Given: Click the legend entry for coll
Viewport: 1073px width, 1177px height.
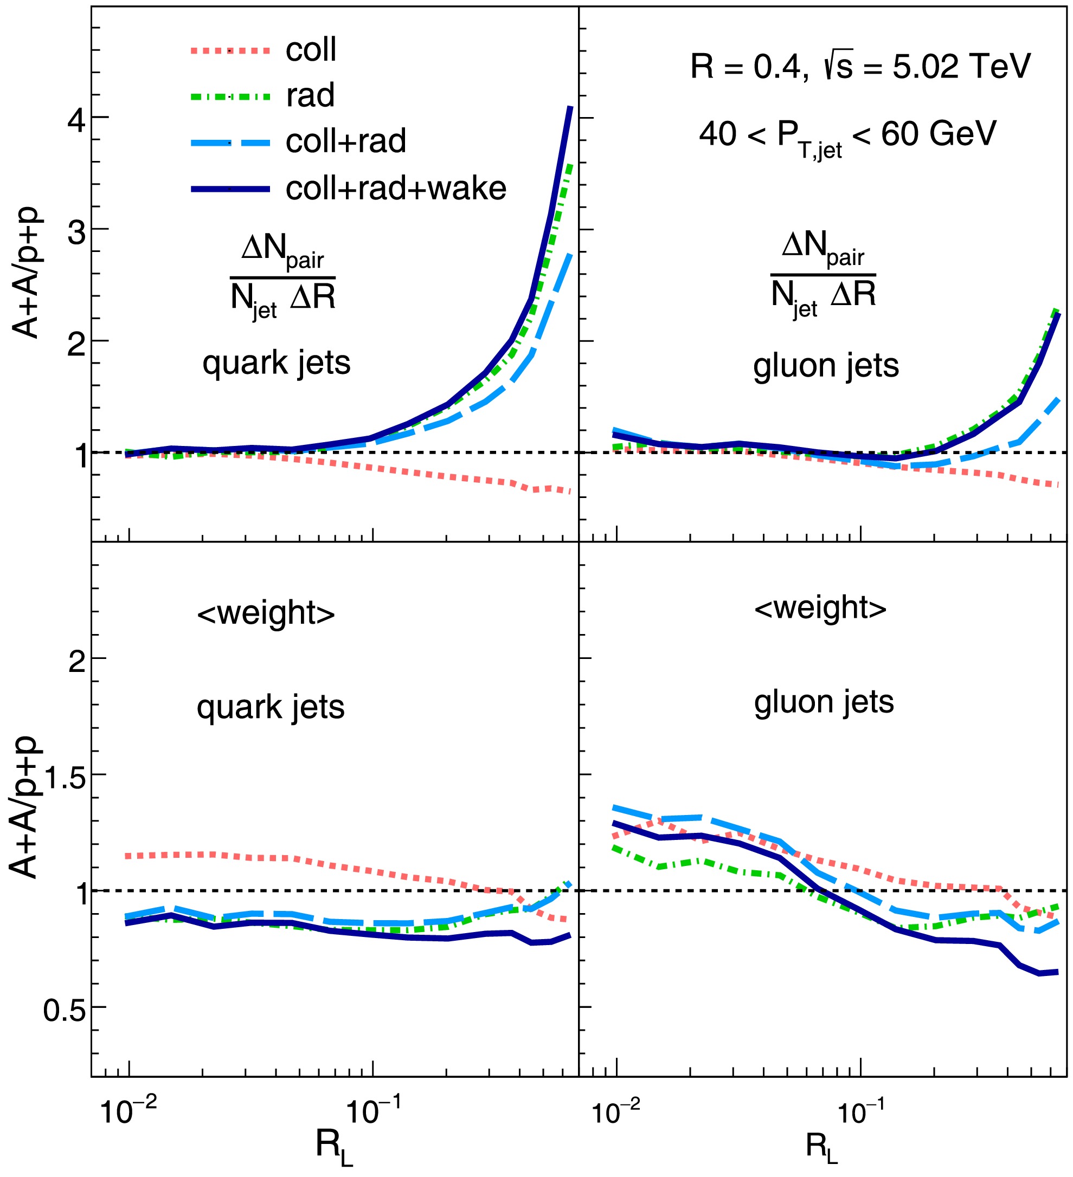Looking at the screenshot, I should coord(310,50).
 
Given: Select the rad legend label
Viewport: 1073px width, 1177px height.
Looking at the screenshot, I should coord(310,95).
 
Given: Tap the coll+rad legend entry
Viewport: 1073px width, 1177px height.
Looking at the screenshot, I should coord(345,141).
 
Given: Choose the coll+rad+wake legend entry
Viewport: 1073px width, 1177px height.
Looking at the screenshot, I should coord(395,189).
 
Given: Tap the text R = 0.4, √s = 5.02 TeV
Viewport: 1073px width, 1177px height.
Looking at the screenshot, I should coord(860,67).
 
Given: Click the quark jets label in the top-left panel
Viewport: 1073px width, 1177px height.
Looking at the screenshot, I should coord(277,363).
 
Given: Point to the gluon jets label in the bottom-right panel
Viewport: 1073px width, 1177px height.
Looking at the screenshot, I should coord(824,702).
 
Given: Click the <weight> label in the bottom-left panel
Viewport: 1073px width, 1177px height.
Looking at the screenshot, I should coord(266,613).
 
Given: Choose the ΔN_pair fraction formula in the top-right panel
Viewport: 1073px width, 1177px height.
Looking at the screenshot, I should coord(823,276).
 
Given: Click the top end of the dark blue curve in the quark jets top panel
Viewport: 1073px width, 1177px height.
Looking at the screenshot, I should coord(570,108).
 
